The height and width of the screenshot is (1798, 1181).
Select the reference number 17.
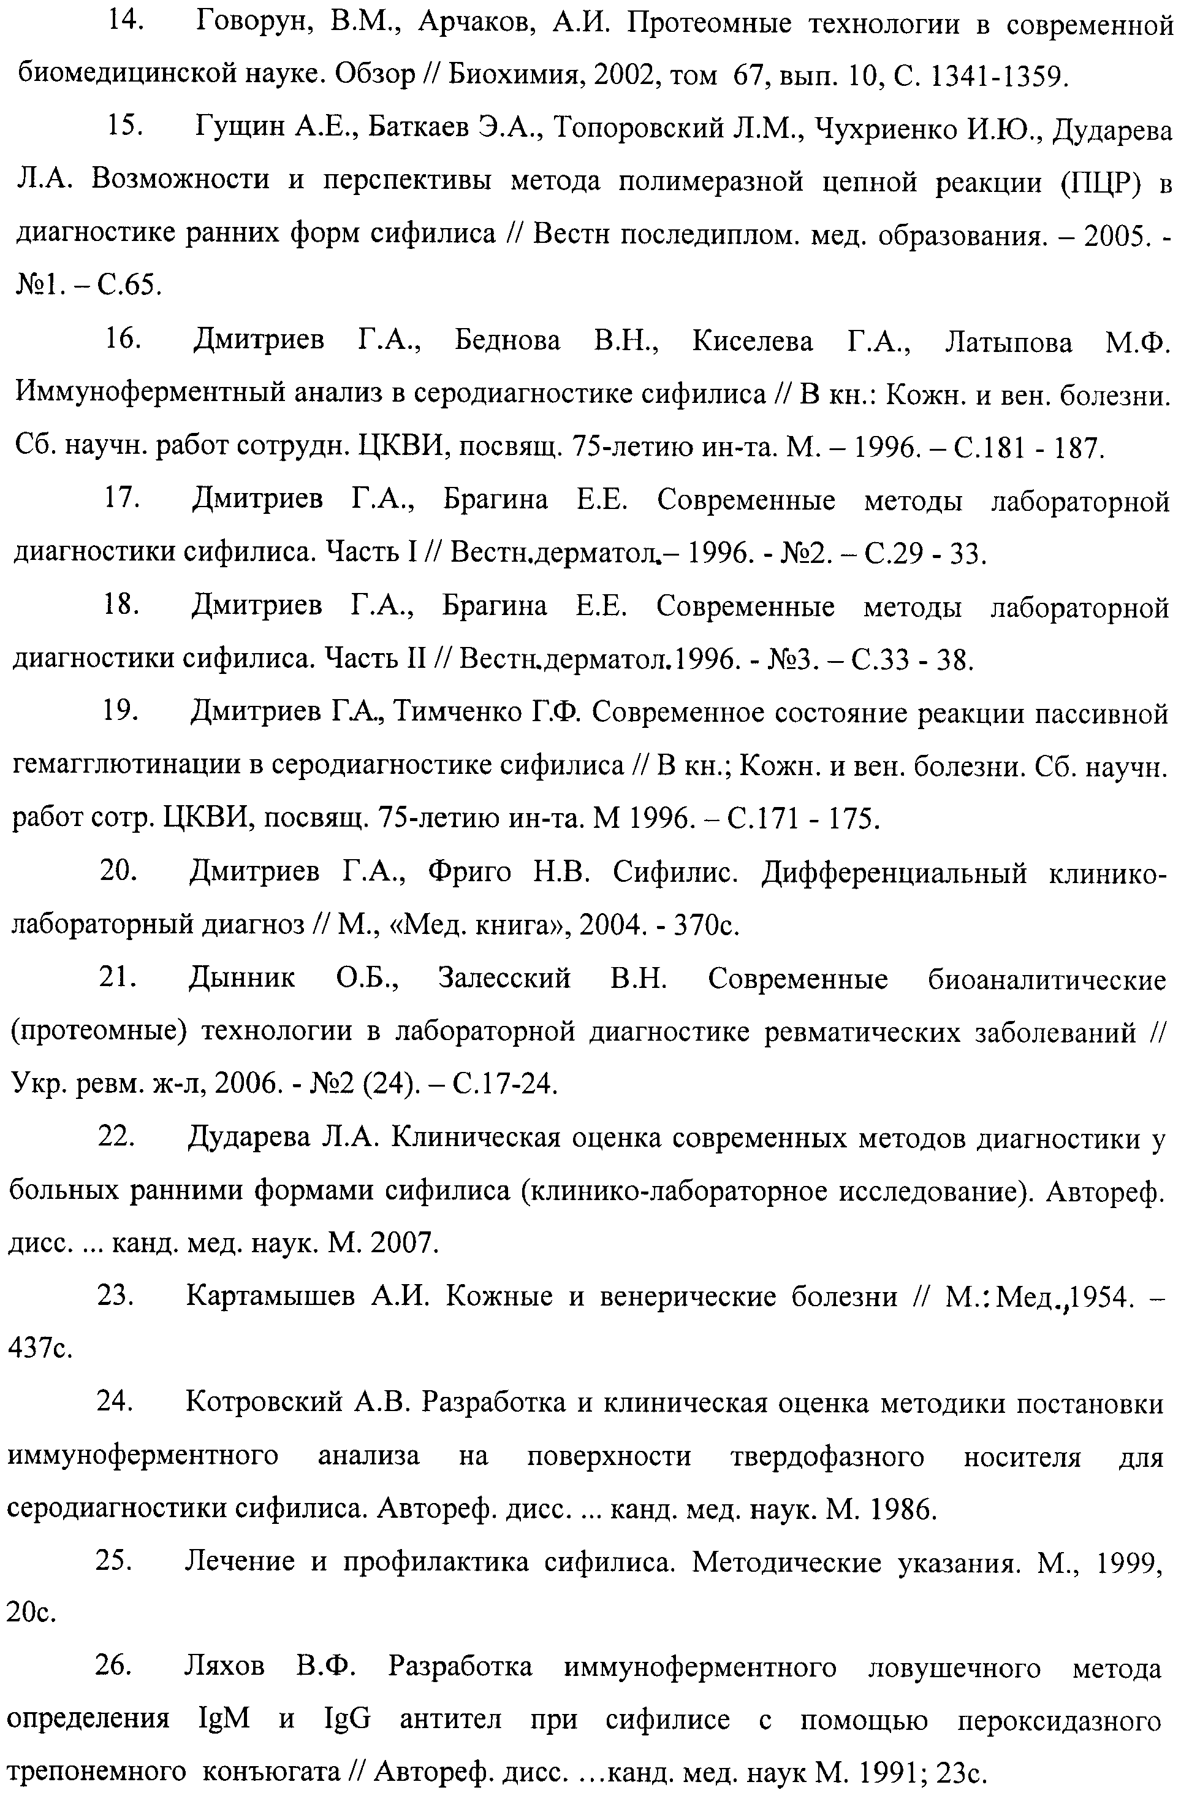[x=123, y=499]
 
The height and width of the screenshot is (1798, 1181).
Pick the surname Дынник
[x=241, y=979]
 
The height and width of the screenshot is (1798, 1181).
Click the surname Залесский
[x=504, y=979]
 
